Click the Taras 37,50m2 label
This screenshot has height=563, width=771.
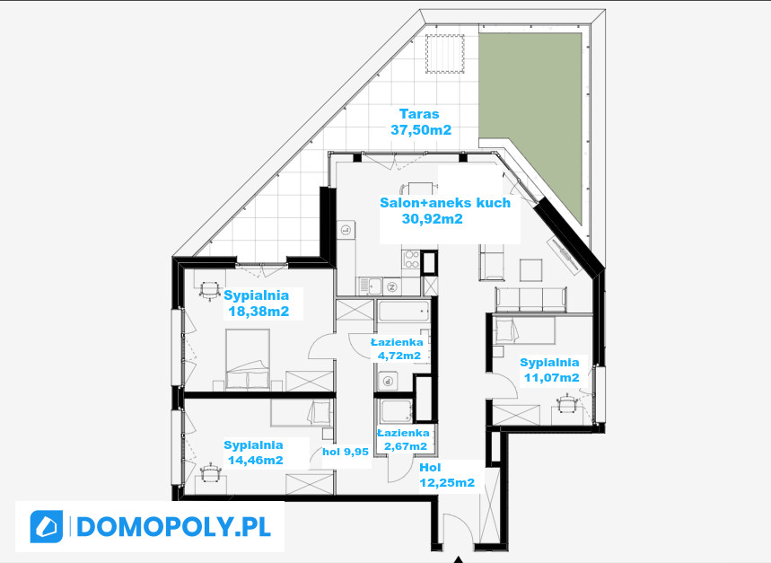pyautogui.click(x=420, y=122)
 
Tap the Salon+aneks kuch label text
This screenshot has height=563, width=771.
pyautogui.click(x=445, y=203)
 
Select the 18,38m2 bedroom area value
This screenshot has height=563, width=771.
pyautogui.click(x=258, y=312)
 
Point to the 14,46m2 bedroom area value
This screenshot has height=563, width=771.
pyautogui.click(x=255, y=461)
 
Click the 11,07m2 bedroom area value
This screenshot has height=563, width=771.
pyautogui.click(x=551, y=378)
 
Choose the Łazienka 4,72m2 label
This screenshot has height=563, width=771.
pyautogui.click(x=397, y=348)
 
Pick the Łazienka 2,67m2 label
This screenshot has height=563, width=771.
pyautogui.click(x=403, y=440)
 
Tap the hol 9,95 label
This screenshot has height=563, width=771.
pyautogui.click(x=346, y=452)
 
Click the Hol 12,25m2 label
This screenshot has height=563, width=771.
pyautogui.click(x=447, y=475)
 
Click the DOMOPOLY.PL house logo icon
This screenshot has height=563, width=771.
pyautogui.click(x=46, y=526)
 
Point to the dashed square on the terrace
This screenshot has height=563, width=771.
pyautogui.click(x=445, y=54)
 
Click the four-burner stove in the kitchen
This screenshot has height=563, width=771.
pyautogui.click(x=411, y=260)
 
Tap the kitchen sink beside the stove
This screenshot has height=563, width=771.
pyautogui.click(x=371, y=286)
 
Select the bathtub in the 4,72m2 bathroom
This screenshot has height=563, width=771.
pyautogui.click(x=404, y=312)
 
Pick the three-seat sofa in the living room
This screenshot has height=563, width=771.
pyautogui.click(x=531, y=299)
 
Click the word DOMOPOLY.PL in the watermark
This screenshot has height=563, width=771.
pyautogui.click(x=173, y=527)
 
